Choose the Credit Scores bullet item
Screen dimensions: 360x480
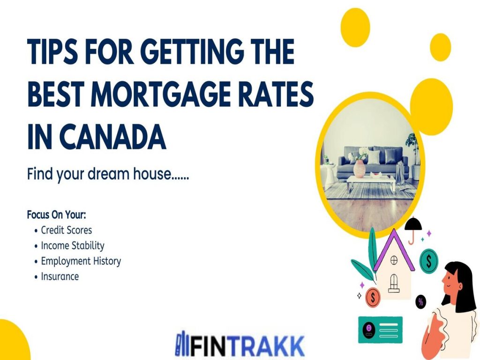pyautogui.click(x=67, y=230)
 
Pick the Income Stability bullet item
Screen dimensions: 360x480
pyautogui.click(x=73, y=246)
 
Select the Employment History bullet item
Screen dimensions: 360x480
pyautogui.click(x=81, y=261)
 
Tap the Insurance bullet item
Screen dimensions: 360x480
pyautogui.click(x=60, y=277)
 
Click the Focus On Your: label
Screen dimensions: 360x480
pyautogui.click(x=57, y=215)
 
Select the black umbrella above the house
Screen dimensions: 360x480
pyautogui.click(x=413, y=226)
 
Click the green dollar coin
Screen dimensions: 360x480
pyautogui.click(x=428, y=261)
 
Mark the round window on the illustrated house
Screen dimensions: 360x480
pyautogui.click(x=394, y=259)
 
